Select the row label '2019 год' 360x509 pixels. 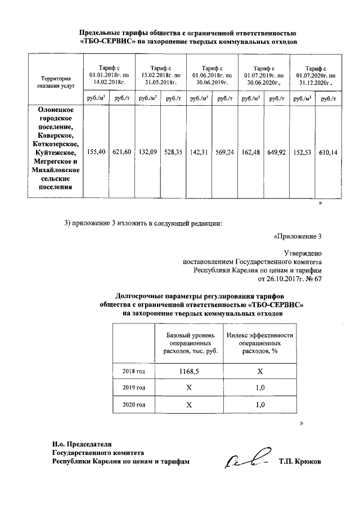tap(134, 388)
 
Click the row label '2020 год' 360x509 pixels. tap(134, 404)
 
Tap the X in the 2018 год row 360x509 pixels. tap(259, 372)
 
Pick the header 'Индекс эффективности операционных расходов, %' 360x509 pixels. tap(259, 343)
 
